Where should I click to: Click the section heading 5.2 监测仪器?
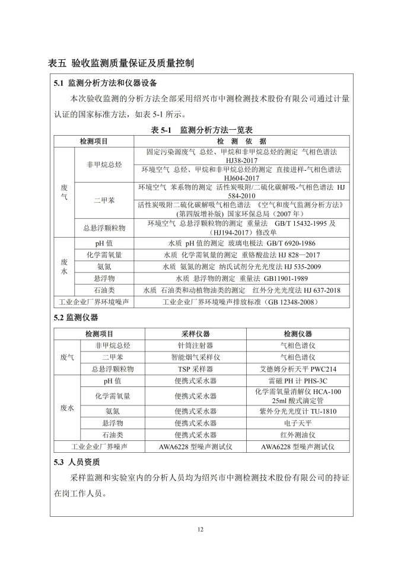tap(76, 318)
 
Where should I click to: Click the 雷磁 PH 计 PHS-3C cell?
tap(298, 381)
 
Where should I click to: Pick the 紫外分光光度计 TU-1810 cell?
tap(298, 411)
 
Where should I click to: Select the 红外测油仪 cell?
tap(298, 435)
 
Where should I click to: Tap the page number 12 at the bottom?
tap(200, 529)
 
